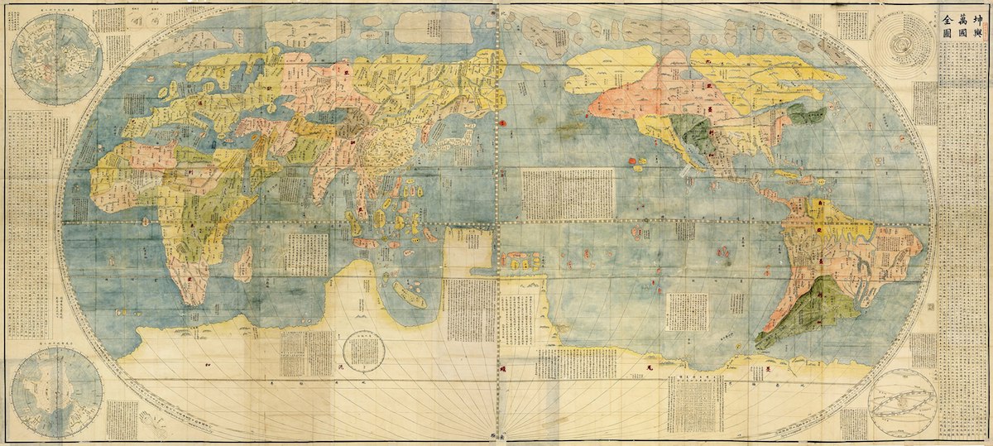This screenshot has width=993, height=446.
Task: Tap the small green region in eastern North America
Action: point(806,114)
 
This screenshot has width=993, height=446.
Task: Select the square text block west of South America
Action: point(687,311)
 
